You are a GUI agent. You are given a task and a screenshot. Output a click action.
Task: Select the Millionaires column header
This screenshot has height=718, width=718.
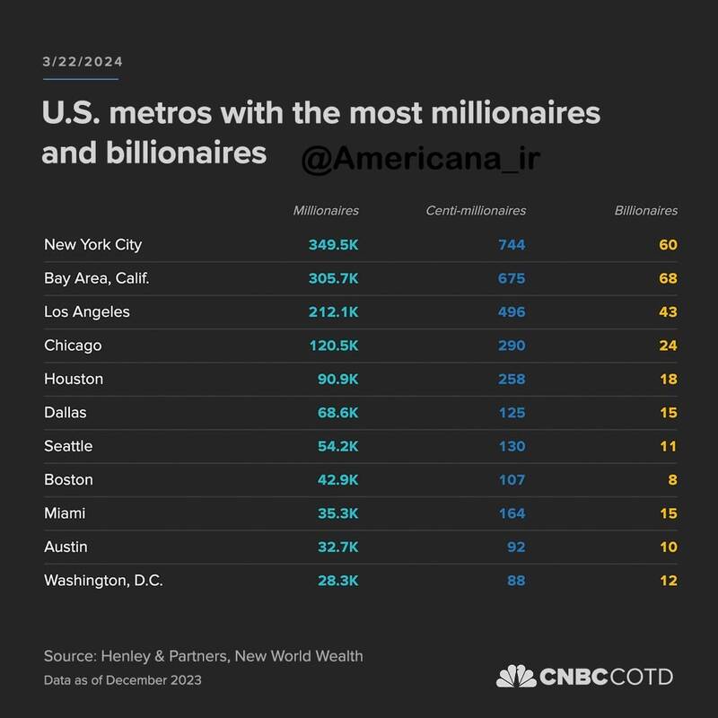[326, 211]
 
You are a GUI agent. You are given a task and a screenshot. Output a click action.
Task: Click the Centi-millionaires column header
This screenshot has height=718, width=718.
[476, 211]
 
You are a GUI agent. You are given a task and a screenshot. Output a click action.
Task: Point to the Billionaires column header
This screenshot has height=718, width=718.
[645, 211]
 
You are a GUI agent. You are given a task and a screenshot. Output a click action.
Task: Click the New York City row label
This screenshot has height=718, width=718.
[92, 244]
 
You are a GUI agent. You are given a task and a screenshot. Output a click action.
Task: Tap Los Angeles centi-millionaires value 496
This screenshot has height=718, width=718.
[512, 312]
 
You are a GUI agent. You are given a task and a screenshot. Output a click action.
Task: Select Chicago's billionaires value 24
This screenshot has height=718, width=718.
[667, 346]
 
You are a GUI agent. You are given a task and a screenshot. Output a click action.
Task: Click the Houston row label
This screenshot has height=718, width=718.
[74, 379]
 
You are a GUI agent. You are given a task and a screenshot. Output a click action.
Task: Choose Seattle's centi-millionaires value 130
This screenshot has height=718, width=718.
[512, 446]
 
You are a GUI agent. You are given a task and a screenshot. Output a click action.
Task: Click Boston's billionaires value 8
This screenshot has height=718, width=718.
[672, 479]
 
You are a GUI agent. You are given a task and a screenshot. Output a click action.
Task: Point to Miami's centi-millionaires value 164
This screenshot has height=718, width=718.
[512, 513]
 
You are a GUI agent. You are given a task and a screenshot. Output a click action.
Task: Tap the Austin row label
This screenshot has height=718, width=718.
[66, 547]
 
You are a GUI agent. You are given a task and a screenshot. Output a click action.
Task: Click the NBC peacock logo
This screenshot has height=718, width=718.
[515, 677]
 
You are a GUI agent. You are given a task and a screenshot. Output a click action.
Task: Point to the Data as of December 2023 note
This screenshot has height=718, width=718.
[122, 680]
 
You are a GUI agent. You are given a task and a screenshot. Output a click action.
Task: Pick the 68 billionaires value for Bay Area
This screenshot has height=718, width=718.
[667, 278]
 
